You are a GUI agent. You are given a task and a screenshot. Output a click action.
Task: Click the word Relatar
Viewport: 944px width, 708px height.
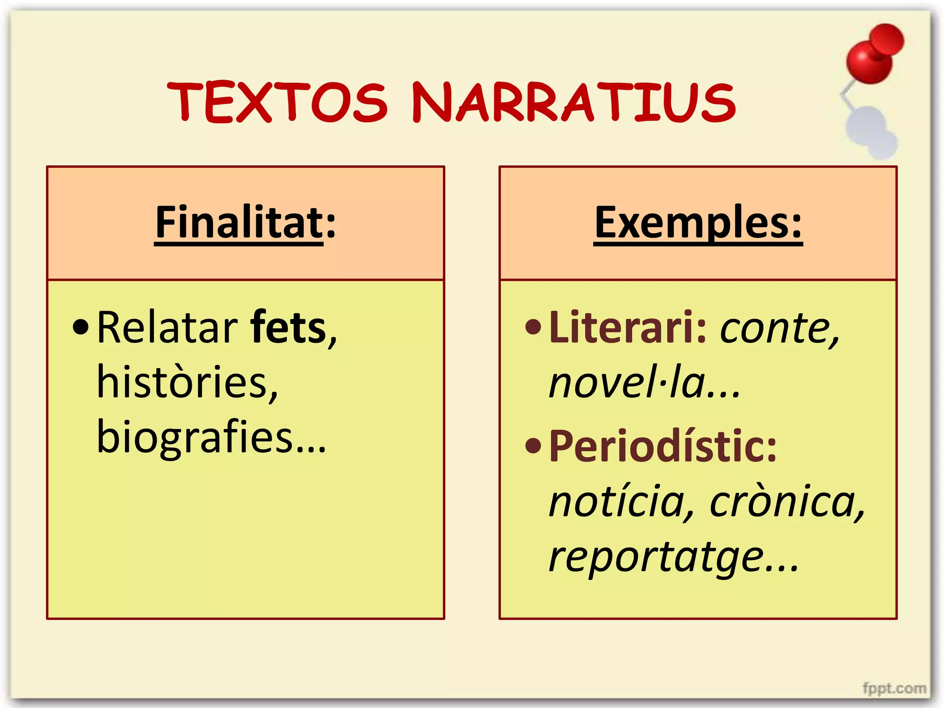click(x=167, y=328)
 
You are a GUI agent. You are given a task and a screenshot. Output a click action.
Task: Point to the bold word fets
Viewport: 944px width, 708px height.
click(x=288, y=328)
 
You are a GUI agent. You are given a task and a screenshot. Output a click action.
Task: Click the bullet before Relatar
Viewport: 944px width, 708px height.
click(x=81, y=327)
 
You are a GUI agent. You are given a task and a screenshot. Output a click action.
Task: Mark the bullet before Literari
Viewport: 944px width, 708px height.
click(x=533, y=327)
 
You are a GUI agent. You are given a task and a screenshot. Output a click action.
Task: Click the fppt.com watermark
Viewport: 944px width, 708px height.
click(x=894, y=689)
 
